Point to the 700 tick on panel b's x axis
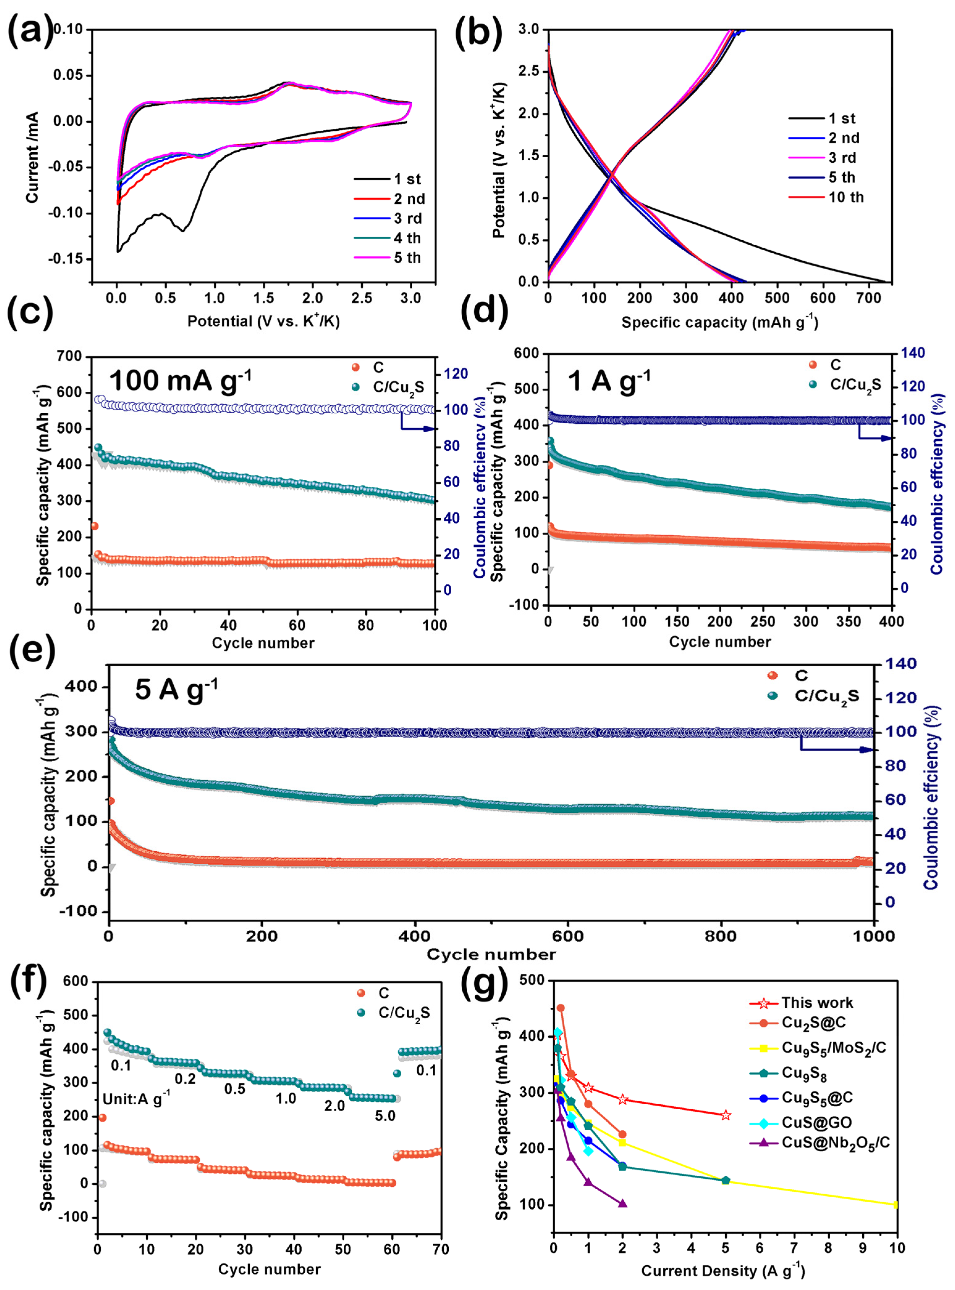click(868, 298)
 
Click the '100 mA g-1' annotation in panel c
click(180, 381)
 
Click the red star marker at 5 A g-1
click(726, 1115)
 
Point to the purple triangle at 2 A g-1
click(622, 1204)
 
